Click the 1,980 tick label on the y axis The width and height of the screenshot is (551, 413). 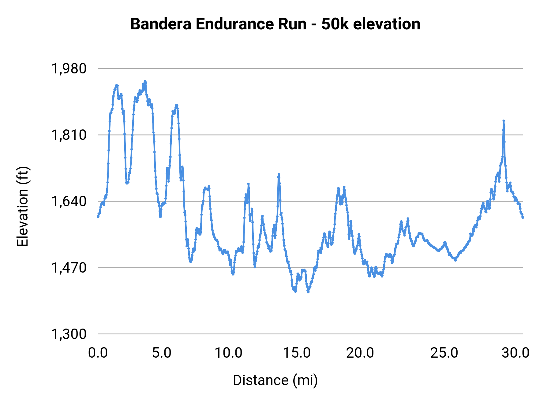(69, 69)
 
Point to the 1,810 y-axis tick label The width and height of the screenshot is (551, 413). (69, 135)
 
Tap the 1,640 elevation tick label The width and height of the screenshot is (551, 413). (69, 201)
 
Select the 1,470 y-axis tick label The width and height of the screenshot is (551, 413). (69, 268)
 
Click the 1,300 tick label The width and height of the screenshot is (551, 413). (69, 334)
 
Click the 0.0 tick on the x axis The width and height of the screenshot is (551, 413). (98, 353)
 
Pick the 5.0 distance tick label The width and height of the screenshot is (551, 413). (162, 353)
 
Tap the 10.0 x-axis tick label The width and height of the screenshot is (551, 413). (228, 353)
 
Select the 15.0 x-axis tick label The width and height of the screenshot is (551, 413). (297, 353)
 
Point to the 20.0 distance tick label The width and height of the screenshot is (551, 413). (360, 353)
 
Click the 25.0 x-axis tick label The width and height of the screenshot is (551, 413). (444, 353)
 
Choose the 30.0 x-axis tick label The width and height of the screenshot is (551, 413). (515, 353)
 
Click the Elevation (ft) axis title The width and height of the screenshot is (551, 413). (23, 206)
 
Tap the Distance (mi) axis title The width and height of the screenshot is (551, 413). (275, 380)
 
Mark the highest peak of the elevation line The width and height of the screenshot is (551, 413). (145, 81)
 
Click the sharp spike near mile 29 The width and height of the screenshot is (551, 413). (503, 121)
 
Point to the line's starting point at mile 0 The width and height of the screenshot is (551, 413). (98, 217)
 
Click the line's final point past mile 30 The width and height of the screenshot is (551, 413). (523, 217)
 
